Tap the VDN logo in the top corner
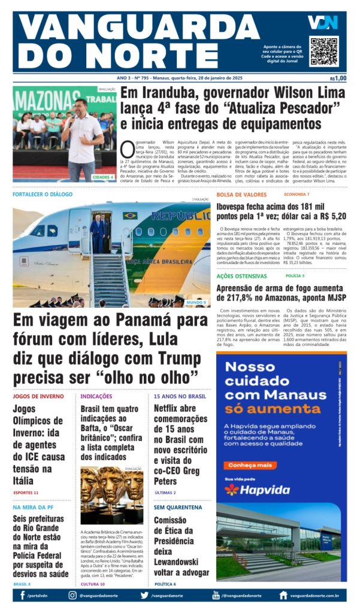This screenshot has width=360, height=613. (322, 22)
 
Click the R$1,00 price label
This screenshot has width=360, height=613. (338, 78)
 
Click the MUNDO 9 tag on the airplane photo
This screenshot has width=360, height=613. (196, 302)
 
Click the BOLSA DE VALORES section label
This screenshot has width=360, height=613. (241, 195)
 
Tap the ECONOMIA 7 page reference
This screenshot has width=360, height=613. (297, 195)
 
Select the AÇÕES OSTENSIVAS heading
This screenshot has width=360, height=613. (241, 276)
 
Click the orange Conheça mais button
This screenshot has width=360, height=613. (250, 465)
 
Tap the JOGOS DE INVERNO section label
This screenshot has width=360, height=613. (38, 396)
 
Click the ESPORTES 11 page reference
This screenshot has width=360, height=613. (26, 492)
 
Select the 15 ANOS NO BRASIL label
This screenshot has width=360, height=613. (180, 396)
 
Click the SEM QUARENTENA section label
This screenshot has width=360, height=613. (178, 506)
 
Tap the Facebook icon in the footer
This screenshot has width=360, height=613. (22, 595)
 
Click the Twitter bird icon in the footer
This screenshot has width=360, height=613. (144, 595)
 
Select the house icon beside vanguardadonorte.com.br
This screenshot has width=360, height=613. (283, 595)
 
